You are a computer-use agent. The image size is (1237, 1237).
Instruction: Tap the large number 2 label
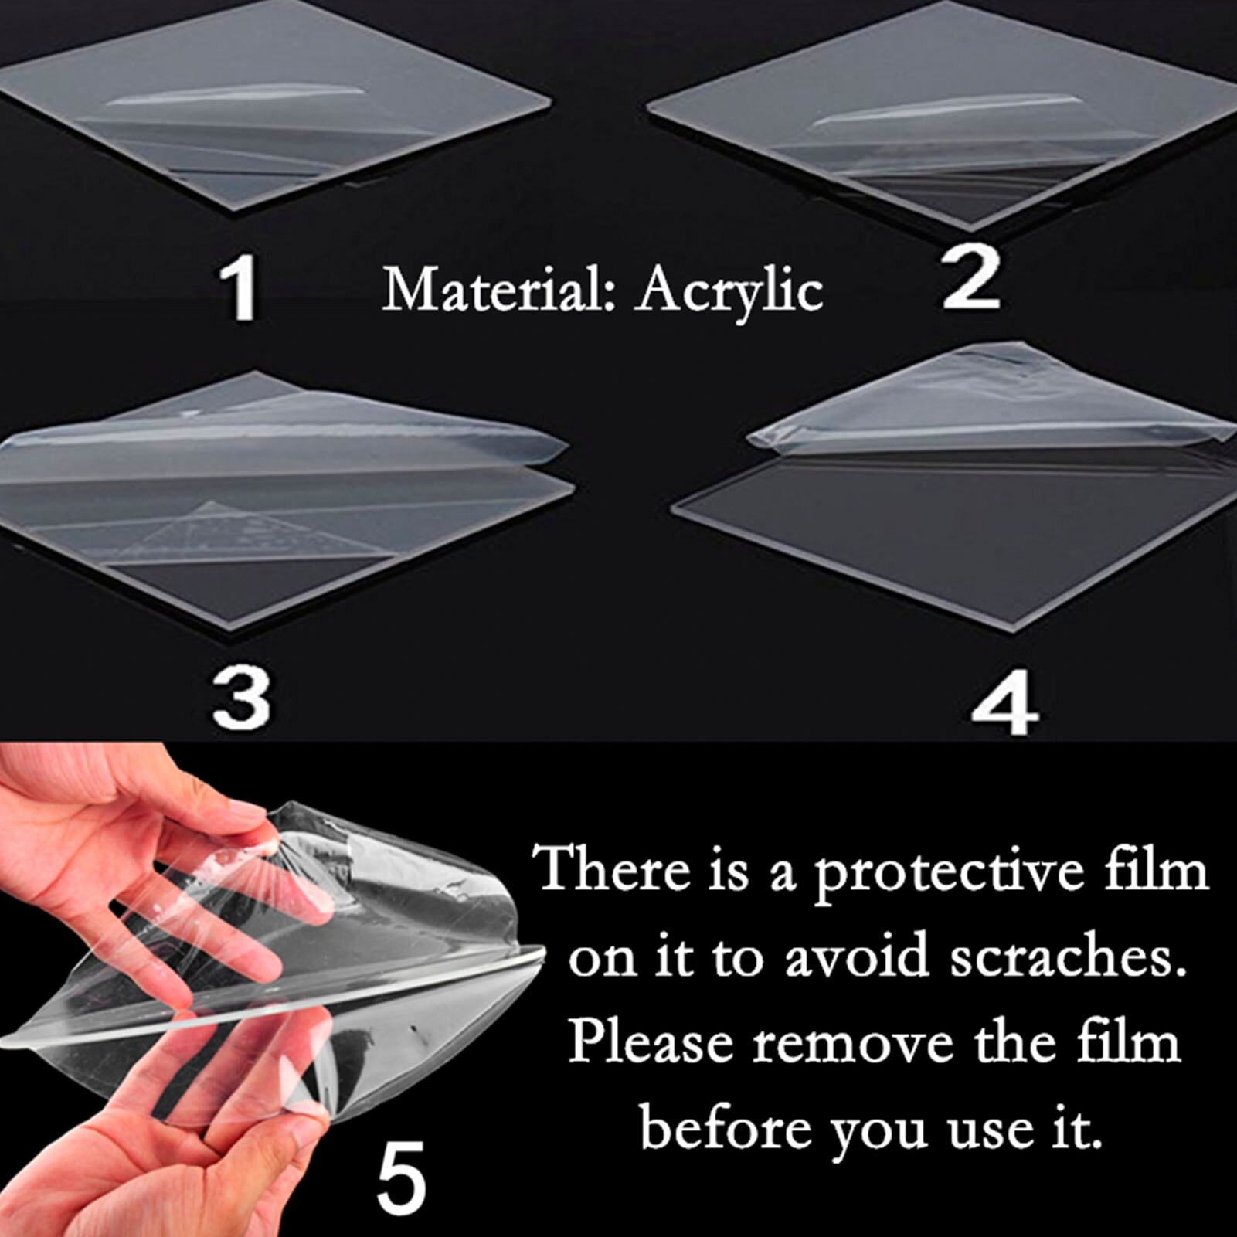pos(971,279)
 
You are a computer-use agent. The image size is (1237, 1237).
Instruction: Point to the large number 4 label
pos(1004,705)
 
